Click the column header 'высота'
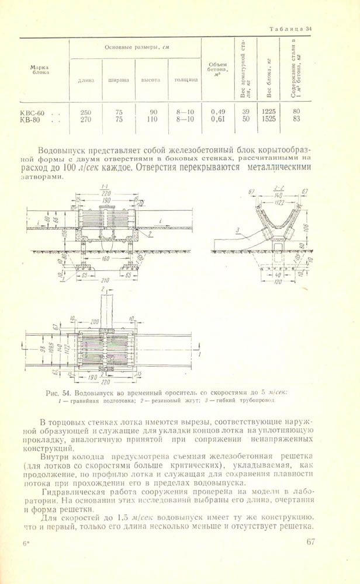click(x=151, y=80)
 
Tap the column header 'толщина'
click(x=185, y=80)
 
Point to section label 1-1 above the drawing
click(x=104, y=186)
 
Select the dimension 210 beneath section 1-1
click(x=106, y=280)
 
